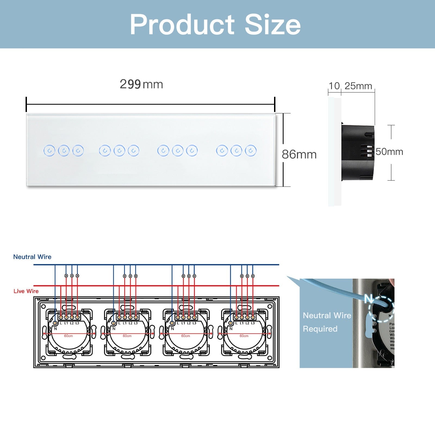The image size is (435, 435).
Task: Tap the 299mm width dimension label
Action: [141, 84]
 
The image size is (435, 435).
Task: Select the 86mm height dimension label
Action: [299, 154]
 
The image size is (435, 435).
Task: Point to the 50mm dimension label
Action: [389, 152]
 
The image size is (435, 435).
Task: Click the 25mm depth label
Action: [358, 86]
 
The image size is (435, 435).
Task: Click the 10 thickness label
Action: [334, 86]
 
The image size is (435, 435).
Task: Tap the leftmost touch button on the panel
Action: [49, 151]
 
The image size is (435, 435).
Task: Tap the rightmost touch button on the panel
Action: [251, 151]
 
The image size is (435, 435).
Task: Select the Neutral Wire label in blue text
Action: [32, 257]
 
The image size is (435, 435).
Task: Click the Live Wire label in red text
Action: [26, 291]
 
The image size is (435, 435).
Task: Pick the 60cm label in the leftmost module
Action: [69, 336]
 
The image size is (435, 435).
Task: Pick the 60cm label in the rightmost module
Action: [244, 336]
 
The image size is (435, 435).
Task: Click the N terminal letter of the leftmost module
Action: [55, 329]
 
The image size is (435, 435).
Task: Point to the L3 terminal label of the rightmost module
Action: [253, 323]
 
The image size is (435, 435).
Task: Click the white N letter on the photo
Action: [369, 299]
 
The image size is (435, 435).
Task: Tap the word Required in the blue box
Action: [320, 329]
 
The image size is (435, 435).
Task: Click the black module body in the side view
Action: [358, 152]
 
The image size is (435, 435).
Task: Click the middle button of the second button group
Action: [119, 151]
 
